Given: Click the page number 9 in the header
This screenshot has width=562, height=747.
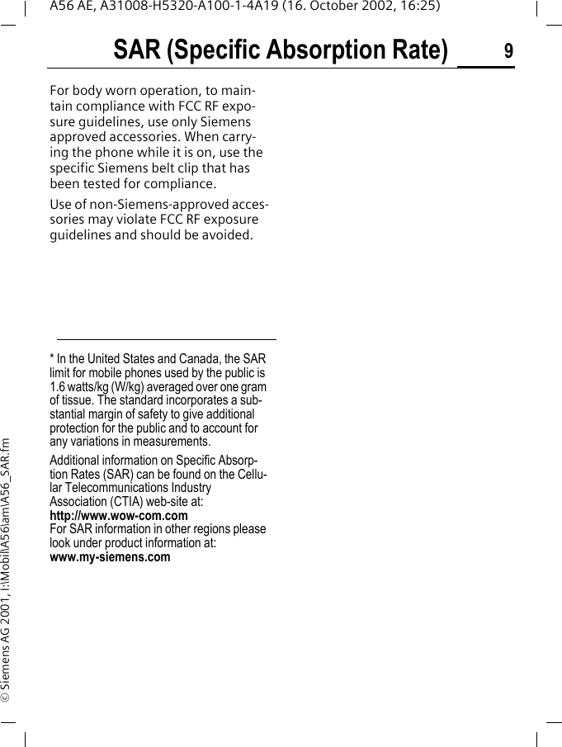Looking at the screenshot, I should (x=508, y=51).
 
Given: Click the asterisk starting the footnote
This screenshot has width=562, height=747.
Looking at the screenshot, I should (x=52, y=358).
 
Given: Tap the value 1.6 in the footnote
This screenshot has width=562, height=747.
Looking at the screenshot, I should (x=58, y=386).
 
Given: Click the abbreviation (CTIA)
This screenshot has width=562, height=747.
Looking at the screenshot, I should (x=123, y=502).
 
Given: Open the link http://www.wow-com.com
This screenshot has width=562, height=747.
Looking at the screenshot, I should (x=119, y=516).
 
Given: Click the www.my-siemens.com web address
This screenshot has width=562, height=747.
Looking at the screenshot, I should (x=111, y=557).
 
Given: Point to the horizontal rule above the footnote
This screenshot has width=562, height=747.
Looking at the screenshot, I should (x=166, y=339).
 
